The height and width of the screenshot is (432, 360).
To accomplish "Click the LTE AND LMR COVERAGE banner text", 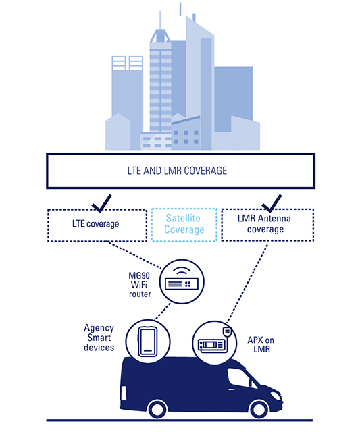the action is (x=177, y=171).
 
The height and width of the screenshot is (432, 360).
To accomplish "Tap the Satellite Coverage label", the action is (x=184, y=224).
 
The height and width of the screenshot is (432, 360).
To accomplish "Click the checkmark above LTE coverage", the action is (x=102, y=204).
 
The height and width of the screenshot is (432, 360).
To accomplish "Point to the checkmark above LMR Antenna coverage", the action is (x=272, y=204).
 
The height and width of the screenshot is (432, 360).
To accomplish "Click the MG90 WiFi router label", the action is (x=140, y=285).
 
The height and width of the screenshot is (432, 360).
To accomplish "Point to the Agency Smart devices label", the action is (x=99, y=337).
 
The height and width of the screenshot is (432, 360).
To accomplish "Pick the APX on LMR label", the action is (x=261, y=345).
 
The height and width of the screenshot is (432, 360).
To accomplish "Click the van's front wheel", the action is (x=259, y=410).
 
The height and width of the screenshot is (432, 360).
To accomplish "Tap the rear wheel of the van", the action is (x=157, y=410).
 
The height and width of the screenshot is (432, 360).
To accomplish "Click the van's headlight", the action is (x=276, y=396).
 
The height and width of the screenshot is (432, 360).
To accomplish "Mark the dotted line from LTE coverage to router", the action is (x=134, y=254).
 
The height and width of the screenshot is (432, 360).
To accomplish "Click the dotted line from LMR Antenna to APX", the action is (x=247, y=283).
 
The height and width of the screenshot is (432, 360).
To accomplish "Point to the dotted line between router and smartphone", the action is (x=163, y=312).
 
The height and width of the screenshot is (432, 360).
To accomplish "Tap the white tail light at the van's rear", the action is (x=124, y=393).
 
